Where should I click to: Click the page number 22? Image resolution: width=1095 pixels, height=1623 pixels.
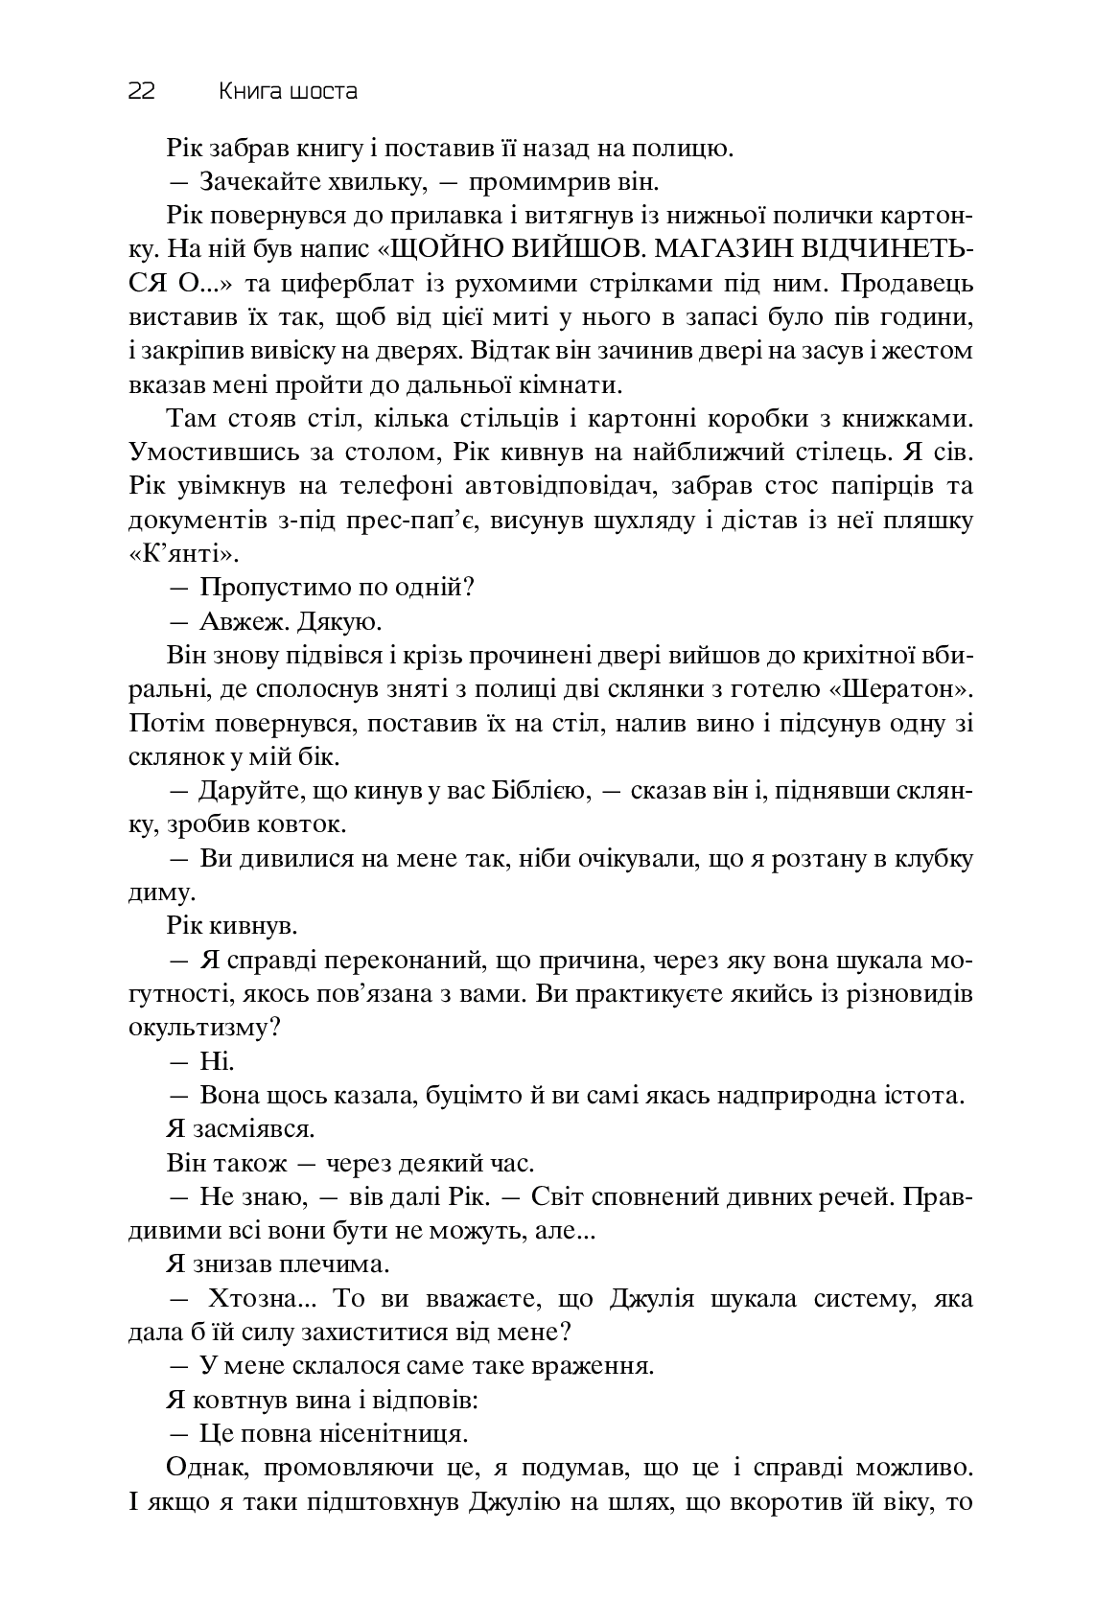click(x=141, y=92)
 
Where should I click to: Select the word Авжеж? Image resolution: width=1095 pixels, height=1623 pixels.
click(x=232, y=622)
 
